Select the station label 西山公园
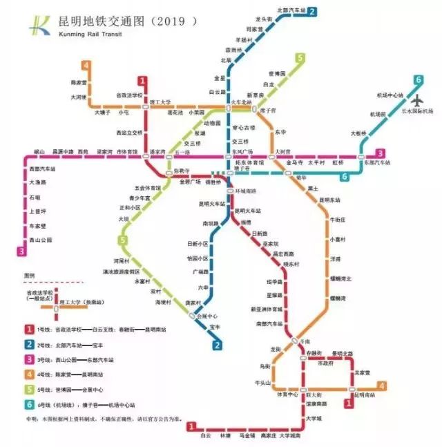pyautogui.click(x=41, y=240)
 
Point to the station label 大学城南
pyautogui.click(x=290, y=436)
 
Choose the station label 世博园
pyautogui.click(x=277, y=73)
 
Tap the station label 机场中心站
pyautogui.click(x=390, y=95)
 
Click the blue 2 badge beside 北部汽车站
pyautogui.click(x=312, y=11)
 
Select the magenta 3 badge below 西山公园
pyautogui.click(x=23, y=251)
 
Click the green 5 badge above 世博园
pyautogui.click(x=300, y=58)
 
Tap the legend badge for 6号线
pyautogui.click(x=29, y=405)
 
